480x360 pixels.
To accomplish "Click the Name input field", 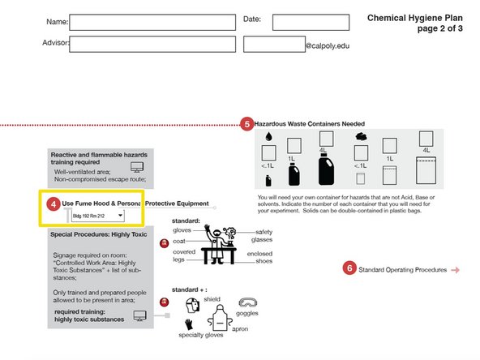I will coord(152,21).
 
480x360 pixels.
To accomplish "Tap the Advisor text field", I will coord(152,45).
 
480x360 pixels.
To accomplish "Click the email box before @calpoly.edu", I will coord(273,45).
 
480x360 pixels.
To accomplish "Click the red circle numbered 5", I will coord(247,124).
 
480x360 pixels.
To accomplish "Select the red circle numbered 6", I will coord(349,269).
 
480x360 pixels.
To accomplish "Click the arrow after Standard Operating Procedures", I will coord(456,270).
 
